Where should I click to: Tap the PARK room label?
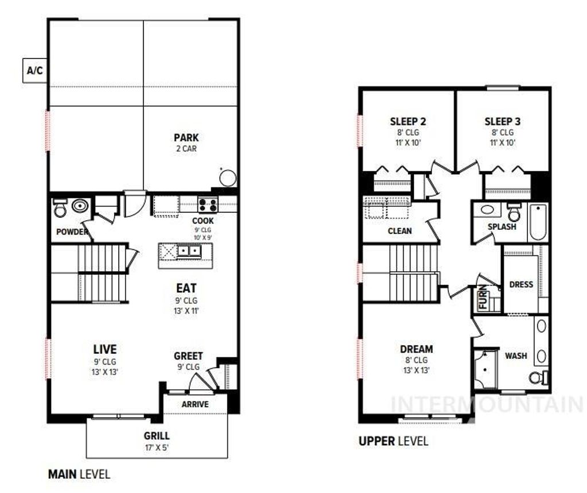[186, 138]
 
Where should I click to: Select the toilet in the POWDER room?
[59, 210]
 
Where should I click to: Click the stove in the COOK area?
[207, 205]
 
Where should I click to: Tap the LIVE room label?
[105, 349]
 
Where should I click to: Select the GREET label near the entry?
[188, 356]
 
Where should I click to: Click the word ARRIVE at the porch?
[195, 404]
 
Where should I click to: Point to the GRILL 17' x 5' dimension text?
[156, 447]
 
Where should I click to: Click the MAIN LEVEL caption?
[79, 475]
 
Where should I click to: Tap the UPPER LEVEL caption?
[393, 441]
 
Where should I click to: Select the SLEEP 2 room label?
[408, 122]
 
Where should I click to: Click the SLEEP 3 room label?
[502, 122]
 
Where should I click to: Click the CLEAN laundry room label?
[400, 231]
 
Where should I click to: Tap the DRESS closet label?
[521, 284]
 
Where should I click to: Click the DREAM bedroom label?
[416, 349]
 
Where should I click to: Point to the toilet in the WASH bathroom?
[537, 378]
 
